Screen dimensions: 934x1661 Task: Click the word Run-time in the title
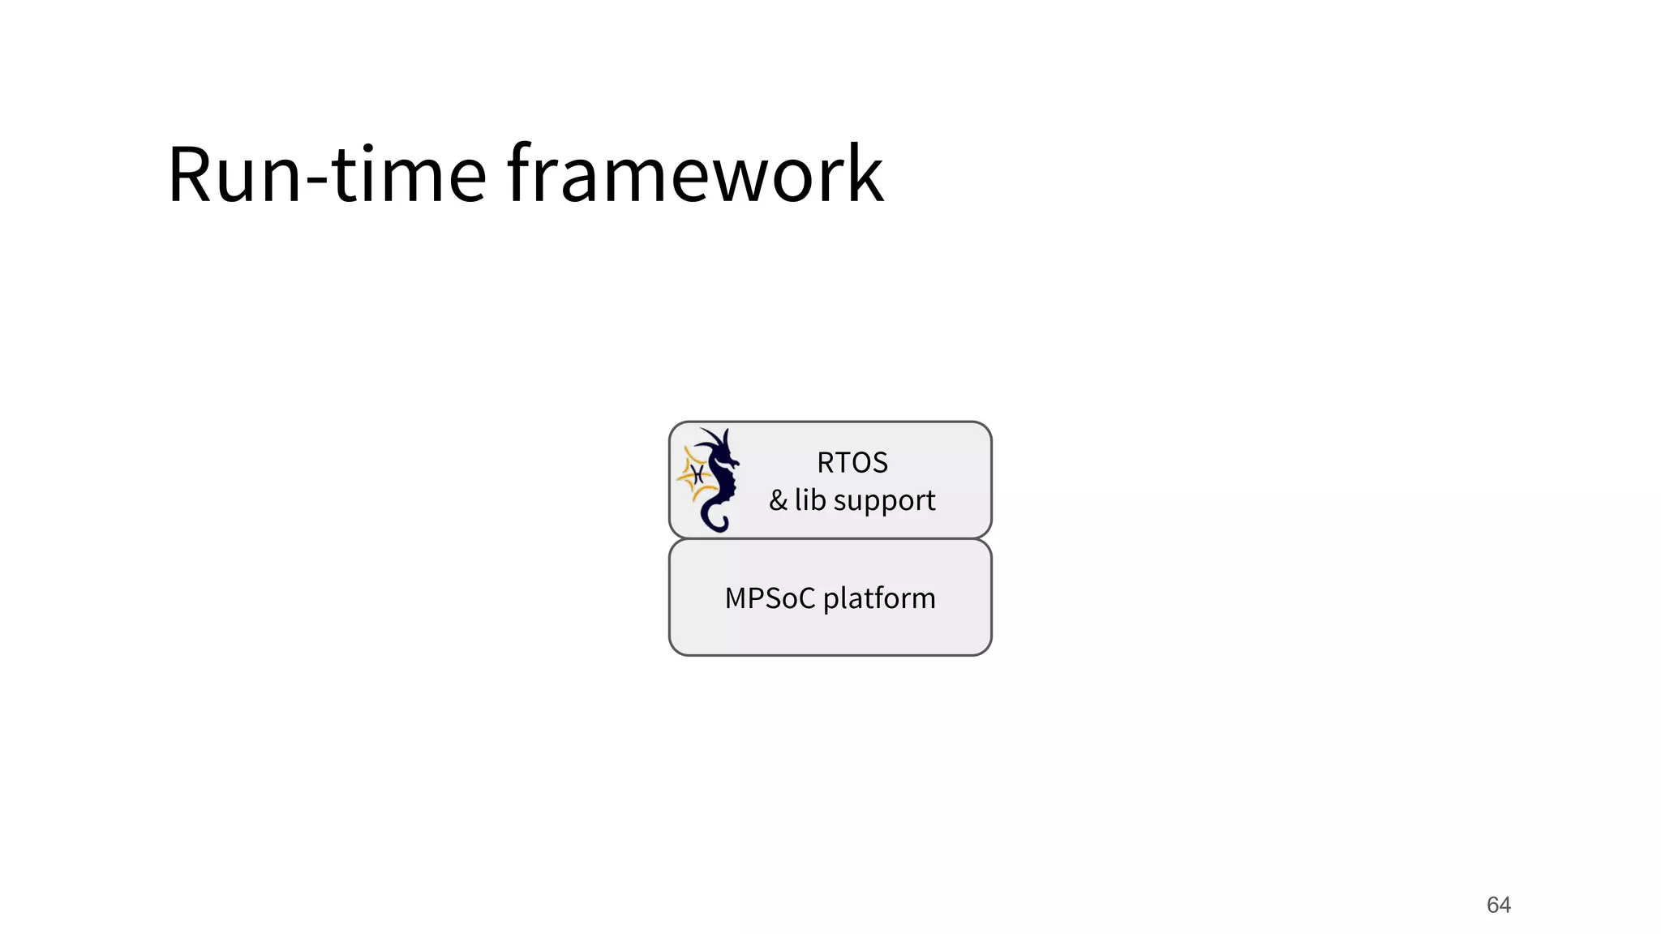coord(326,174)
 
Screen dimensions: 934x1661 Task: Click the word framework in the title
coord(695,174)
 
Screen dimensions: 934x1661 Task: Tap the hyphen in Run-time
coord(316,183)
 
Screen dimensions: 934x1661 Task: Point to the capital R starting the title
coord(192,174)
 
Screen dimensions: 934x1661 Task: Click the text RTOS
coord(852,463)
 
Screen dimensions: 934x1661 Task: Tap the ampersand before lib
coord(778,500)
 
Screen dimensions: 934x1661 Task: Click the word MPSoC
coord(770,598)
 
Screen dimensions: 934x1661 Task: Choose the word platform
coord(879,599)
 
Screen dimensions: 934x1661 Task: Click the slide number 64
coord(1498,905)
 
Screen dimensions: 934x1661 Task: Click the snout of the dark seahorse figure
coord(734,462)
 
